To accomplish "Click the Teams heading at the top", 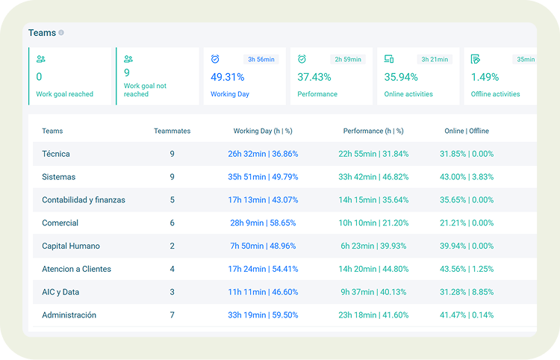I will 42,33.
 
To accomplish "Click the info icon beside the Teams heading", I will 61,33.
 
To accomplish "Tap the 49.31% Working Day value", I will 227,77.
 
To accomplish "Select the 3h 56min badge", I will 261,59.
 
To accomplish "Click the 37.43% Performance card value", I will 314,77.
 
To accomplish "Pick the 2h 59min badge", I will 348,59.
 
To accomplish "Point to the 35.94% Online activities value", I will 401,77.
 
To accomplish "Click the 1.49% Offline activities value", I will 485,77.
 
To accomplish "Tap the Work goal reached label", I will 65,95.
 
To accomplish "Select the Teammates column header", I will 172,131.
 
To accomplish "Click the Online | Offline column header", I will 467,131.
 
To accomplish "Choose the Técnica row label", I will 56,154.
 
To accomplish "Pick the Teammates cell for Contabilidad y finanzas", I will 172,200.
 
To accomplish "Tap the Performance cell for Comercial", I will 373,223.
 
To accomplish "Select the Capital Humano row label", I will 71,246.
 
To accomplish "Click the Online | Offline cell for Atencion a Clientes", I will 467,269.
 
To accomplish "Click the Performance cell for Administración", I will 373,315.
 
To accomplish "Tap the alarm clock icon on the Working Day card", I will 215,59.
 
